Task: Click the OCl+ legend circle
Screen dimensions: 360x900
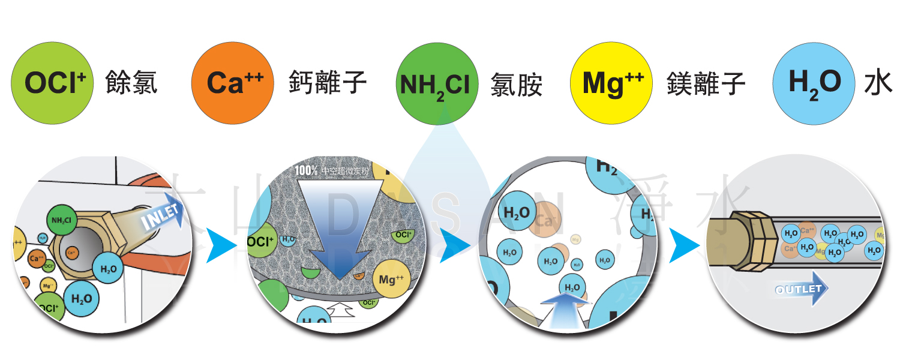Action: click(52, 83)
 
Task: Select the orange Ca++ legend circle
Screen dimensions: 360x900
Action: click(232, 83)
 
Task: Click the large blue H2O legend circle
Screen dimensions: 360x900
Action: click(814, 83)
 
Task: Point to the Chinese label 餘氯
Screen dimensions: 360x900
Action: click(131, 83)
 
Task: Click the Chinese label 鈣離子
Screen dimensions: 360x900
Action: click(328, 83)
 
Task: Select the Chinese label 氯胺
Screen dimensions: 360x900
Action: click(517, 85)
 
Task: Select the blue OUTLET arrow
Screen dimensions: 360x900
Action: click(801, 289)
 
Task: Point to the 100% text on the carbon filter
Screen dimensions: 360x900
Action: click(306, 170)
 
